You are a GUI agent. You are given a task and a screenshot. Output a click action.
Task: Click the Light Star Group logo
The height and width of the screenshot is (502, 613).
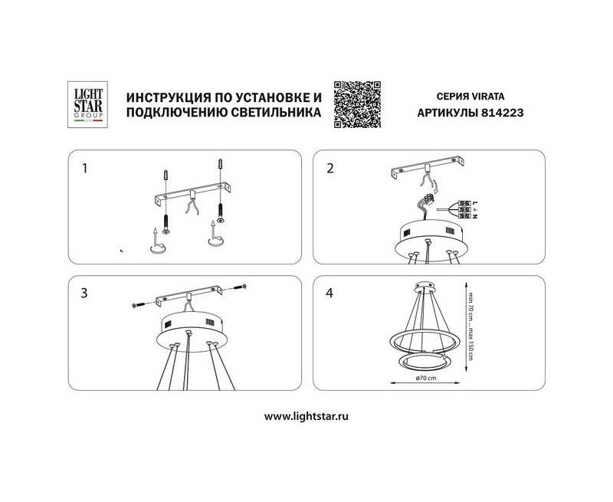coord(87,104)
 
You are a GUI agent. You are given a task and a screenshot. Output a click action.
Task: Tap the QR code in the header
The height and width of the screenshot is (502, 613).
coord(357,104)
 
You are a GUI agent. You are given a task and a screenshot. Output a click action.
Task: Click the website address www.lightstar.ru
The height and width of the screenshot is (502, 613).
coord(306,416)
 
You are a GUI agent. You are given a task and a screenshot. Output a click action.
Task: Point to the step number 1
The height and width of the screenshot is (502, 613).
coord(84,169)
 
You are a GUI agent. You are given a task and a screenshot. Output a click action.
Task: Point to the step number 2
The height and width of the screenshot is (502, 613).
coord(330,169)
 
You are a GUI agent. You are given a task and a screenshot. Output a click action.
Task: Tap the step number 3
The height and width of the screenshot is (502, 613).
coord(84,294)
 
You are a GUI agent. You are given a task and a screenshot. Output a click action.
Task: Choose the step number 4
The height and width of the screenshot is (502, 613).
coord(329,293)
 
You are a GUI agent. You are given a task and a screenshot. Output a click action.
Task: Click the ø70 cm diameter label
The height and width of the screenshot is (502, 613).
coord(426,378)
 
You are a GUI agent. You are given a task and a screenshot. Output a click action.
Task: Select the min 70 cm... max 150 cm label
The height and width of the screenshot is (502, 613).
coord(470,326)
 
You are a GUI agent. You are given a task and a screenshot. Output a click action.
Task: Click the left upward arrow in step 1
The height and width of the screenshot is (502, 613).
coord(156,237)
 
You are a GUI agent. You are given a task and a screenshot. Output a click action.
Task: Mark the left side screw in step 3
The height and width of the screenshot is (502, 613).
coord(139,304)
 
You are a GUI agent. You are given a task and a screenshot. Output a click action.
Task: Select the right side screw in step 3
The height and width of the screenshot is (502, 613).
coord(240,287)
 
